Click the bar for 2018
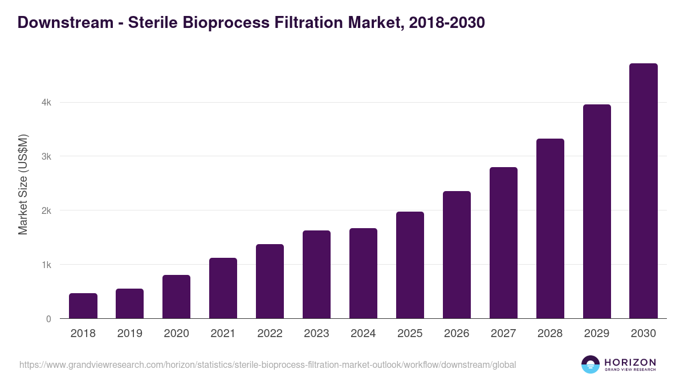tap(83, 306)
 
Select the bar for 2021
tap(223, 288)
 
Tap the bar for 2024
tap(363, 273)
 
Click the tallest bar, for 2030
tap(644, 191)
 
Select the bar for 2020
tap(176, 297)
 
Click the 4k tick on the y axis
tap(46, 103)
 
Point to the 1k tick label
tap(46, 265)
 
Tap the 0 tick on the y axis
tap(48, 319)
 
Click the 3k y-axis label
tap(46, 156)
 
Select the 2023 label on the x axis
tap(316, 334)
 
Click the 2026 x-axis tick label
tap(457, 334)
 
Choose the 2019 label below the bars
tap(129, 334)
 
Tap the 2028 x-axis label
tap(550, 334)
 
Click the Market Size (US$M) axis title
tap(23, 185)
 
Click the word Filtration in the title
tap(316, 23)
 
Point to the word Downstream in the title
tap(66, 23)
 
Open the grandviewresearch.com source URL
tap(267, 365)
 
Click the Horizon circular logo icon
tap(591, 365)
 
